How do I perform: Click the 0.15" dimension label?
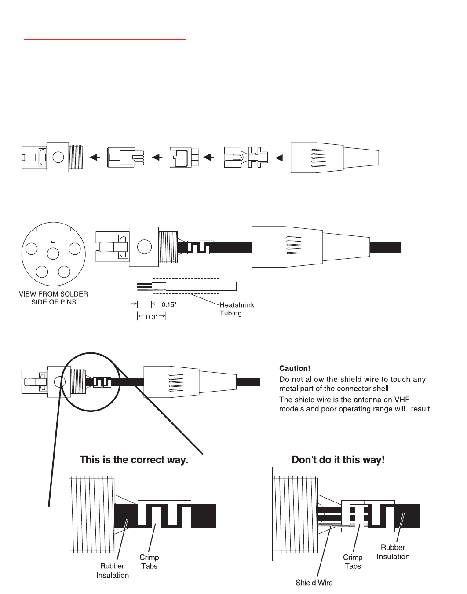coord(169,304)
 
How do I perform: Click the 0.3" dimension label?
coord(151,317)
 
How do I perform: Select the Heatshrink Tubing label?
coord(237,309)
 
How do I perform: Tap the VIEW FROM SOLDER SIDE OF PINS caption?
coord(54,298)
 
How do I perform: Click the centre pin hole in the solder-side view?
coord(53,253)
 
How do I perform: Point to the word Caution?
coord(295,368)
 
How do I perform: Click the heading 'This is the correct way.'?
coord(134,460)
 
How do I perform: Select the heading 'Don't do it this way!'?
coord(338,460)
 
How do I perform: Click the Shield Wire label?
coord(314,583)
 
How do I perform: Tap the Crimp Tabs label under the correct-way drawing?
coord(149,562)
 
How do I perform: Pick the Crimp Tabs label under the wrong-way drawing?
coord(353,562)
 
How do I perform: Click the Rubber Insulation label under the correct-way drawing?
coord(113,571)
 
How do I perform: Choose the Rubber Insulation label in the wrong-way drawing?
coord(393,552)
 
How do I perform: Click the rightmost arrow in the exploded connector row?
coord(280,157)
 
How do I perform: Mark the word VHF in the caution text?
coord(401,400)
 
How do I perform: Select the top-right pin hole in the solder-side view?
coord(75,249)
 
